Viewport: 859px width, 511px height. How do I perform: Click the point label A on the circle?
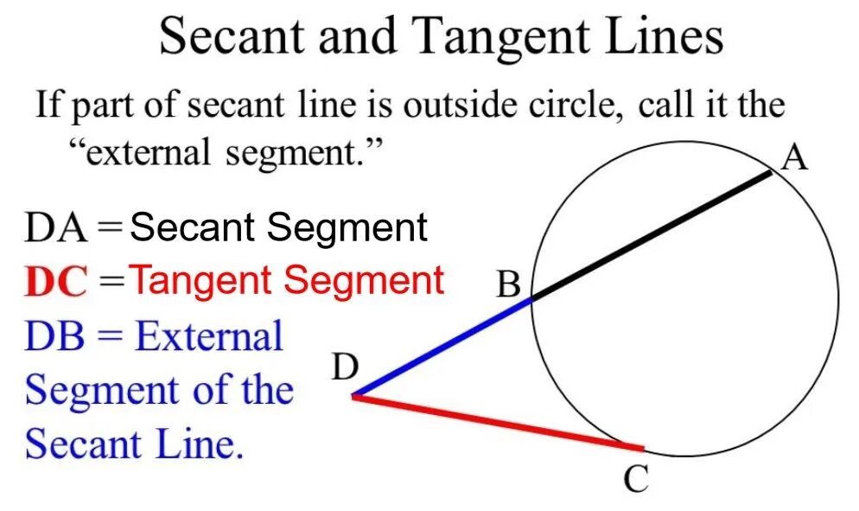[x=794, y=158]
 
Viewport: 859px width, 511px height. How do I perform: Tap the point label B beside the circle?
[x=509, y=284]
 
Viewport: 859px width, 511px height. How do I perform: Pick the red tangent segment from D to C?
[x=497, y=423]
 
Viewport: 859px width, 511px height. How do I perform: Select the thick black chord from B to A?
[x=651, y=235]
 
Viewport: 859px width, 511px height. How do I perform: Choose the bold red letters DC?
[x=56, y=283]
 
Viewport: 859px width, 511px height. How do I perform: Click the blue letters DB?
[x=54, y=336]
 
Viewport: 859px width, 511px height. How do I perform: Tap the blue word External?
[x=208, y=336]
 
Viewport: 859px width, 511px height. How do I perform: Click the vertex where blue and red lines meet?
[x=353, y=396]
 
